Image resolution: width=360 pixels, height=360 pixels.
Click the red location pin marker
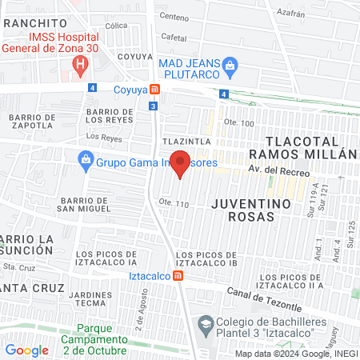click(181, 163)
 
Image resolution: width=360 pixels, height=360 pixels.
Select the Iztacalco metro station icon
click(178, 277)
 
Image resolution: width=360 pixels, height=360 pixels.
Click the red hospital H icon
click(79, 63)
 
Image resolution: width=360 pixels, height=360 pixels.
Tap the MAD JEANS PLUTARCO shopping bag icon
click(230, 63)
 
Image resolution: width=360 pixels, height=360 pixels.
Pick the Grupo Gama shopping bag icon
click(86, 159)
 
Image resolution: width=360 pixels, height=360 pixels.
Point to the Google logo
click(26, 350)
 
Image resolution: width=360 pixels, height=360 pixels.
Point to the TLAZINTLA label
click(186, 141)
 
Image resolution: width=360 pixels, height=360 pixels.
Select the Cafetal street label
click(174, 37)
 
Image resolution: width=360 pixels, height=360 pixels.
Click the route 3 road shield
click(153, 105)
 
